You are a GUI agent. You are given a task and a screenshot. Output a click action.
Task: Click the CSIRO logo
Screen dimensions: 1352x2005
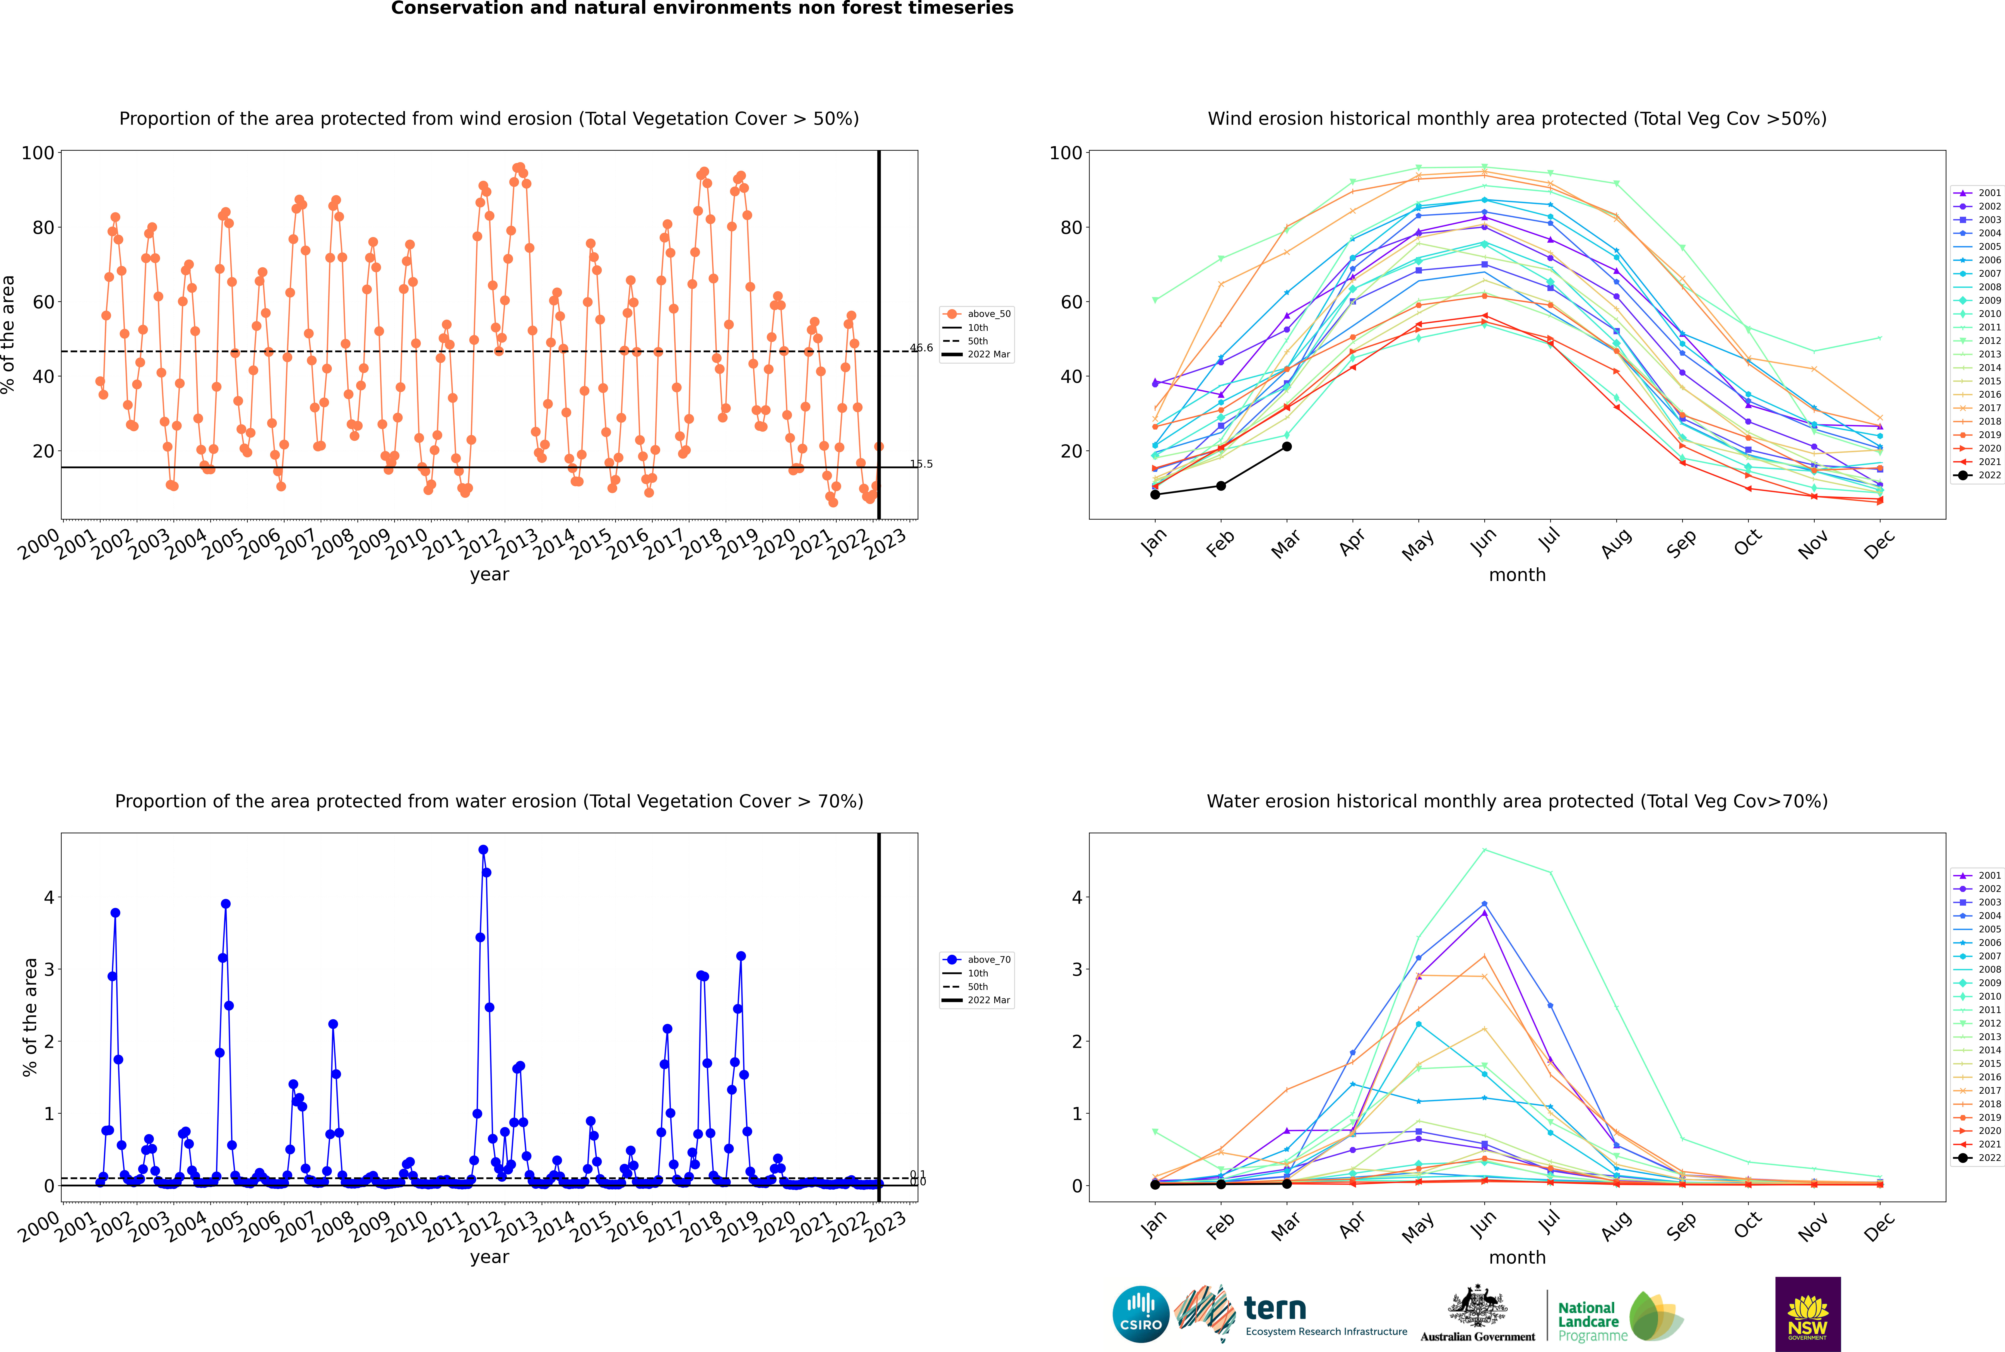(x=1140, y=1314)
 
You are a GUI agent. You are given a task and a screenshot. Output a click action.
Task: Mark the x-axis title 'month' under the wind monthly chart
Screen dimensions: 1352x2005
(x=1517, y=575)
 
